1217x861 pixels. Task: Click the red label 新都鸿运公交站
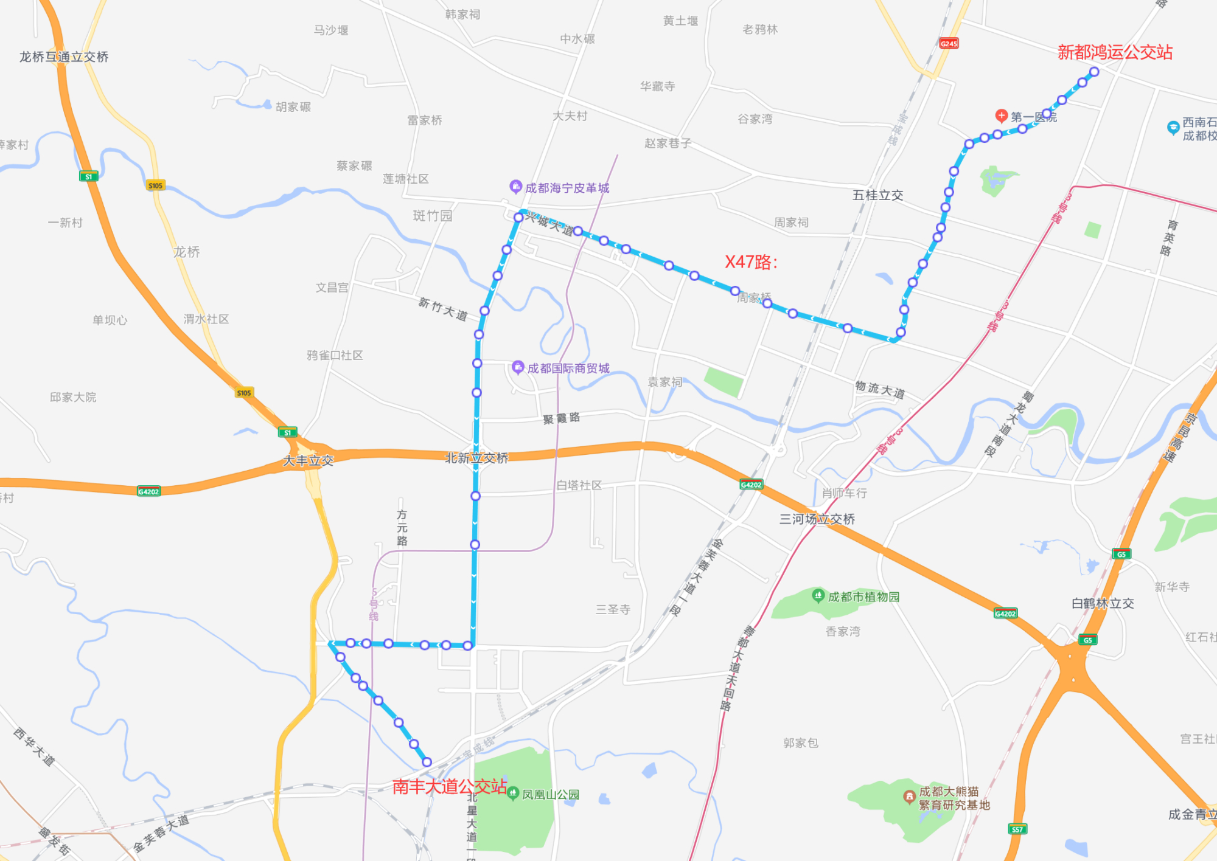[1115, 52]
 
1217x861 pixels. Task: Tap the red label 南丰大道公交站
[449, 787]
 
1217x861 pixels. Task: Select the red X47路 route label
[751, 262]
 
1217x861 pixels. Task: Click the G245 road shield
[949, 43]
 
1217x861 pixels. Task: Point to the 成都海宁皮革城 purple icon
[515, 186]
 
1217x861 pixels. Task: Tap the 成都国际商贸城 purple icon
[518, 367]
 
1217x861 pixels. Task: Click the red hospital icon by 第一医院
[1001, 115]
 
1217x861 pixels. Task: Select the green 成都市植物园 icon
[818, 595]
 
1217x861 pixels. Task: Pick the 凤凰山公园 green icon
[513, 793]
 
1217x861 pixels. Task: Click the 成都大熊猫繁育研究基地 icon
[909, 796]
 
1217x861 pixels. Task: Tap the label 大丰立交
[309, 460]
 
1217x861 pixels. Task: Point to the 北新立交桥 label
[476, 458]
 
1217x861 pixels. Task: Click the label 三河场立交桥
[817, 519]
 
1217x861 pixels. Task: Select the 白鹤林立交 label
[1103, 603]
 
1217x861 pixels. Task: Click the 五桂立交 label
[877, 195]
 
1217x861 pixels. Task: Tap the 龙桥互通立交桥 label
[64, 57]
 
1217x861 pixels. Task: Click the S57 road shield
[1017, 829]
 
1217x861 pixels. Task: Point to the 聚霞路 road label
[561, 418]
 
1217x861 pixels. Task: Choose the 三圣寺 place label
[613, 609]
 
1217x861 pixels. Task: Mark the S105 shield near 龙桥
[155, 185]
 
